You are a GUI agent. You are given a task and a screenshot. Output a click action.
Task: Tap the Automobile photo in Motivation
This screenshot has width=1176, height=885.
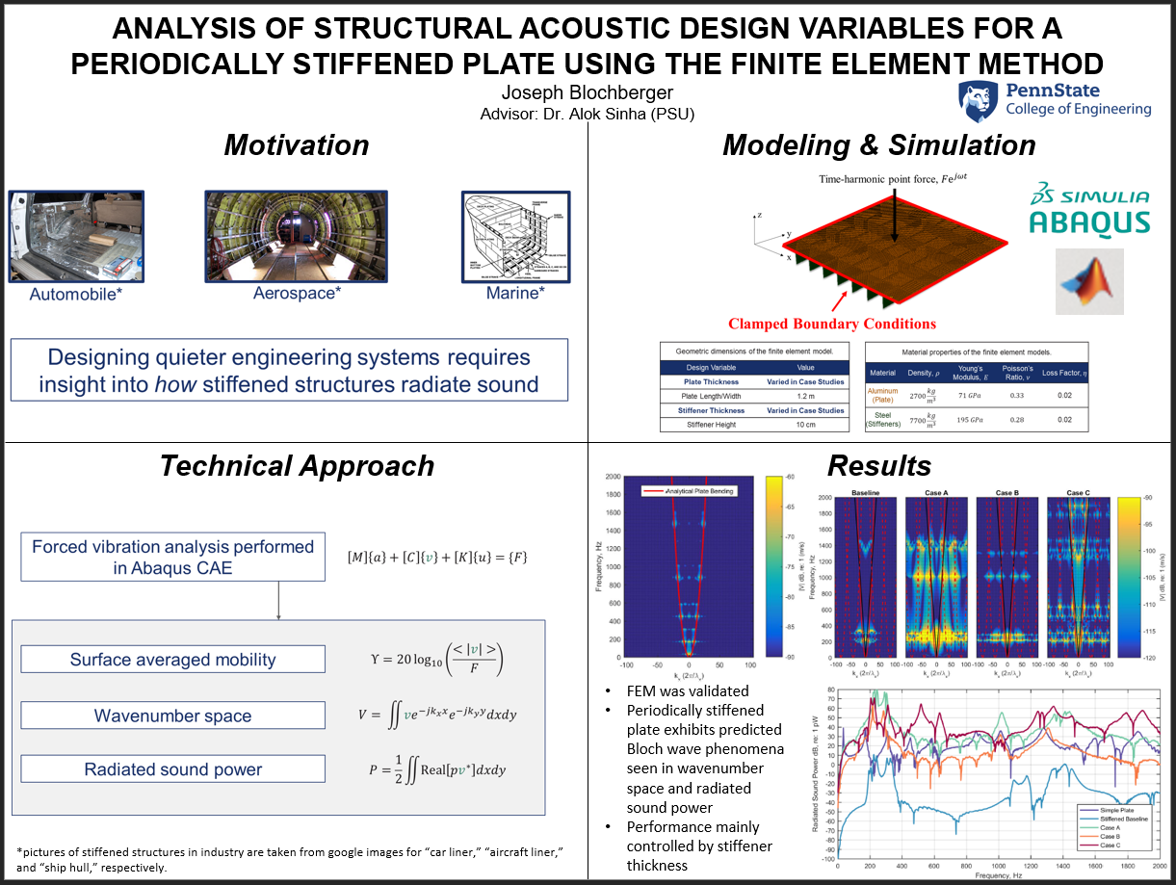(x=76, y=235)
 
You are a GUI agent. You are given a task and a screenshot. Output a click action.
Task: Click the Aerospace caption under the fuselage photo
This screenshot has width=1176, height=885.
(x=297, y=293)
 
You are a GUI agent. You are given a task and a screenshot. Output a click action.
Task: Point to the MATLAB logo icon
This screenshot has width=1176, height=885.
(x=1089, y=281)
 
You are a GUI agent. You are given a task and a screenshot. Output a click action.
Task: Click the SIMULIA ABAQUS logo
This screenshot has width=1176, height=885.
(x=1088, y=208)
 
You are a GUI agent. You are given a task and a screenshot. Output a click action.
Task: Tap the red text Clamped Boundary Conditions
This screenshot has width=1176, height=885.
(x=832, y=324)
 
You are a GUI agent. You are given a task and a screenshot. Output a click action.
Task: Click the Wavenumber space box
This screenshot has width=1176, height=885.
(x=173, y=716)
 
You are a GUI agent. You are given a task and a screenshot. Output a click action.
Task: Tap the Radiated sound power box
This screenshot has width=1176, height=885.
(x=173, y=769)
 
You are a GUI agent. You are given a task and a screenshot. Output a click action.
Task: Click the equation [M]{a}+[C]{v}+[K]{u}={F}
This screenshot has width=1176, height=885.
(x=436, y=558)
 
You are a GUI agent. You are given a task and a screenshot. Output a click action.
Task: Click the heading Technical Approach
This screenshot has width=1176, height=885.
(x=297, y=466)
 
